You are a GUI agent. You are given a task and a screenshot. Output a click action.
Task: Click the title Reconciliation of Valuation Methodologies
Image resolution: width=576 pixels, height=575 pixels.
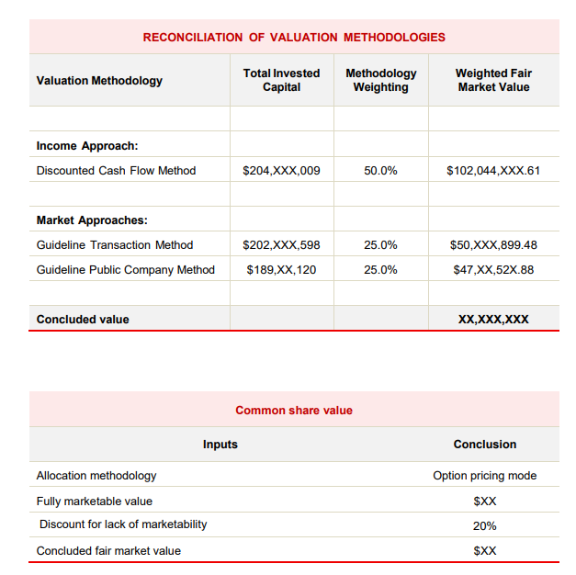294,38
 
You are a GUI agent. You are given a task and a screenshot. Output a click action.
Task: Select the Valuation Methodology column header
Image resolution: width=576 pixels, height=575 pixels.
99,81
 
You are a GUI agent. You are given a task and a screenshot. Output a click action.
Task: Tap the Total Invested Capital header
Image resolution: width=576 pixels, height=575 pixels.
281,80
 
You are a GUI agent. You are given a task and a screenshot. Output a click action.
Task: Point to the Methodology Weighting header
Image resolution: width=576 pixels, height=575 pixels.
380,80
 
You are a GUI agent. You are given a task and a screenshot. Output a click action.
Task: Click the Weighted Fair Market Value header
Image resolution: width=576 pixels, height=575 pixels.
493,80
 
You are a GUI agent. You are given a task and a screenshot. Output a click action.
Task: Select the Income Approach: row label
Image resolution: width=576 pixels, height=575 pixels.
87,146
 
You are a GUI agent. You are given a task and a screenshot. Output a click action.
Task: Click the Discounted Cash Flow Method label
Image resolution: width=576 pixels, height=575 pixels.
116,171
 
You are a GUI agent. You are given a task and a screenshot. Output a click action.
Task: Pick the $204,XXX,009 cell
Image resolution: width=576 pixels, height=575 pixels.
281,171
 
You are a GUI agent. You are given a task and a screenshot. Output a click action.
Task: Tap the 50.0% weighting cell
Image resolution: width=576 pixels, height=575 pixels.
380,171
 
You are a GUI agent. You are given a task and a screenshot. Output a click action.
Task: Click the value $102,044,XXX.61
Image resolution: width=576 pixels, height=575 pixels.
493,171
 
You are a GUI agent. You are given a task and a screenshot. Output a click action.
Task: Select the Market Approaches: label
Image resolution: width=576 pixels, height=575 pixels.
92,220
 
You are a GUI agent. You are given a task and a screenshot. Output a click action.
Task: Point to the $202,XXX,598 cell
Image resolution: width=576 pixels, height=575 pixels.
281,245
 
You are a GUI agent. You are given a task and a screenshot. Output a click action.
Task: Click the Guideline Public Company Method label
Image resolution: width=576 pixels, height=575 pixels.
126,270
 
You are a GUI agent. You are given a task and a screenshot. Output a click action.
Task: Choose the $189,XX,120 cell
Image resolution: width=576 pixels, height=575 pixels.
281,270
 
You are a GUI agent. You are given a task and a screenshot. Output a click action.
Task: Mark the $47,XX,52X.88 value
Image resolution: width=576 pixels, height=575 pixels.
493,270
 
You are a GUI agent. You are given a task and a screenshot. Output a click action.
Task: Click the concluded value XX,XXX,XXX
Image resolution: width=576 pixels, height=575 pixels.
493,320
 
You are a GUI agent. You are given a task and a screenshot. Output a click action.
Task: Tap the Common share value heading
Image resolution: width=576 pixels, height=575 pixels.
294,411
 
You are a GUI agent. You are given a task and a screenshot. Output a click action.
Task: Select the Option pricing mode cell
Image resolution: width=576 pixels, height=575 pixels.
485,476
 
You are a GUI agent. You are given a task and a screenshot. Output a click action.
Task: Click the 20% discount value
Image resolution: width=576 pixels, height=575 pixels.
485,525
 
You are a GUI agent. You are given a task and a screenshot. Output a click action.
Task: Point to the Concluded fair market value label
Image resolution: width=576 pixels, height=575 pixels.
108,551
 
